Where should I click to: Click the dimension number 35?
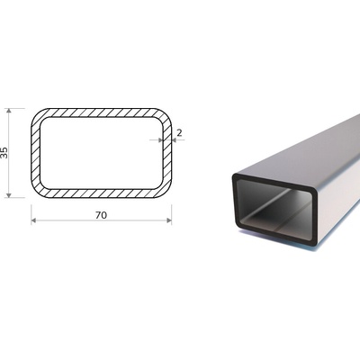4,153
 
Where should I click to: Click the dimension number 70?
101,215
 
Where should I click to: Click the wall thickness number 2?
179,132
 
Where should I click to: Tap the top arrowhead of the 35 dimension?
9,111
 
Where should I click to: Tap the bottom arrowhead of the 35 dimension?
9,195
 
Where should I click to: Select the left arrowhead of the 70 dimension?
33,220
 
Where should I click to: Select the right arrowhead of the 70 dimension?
169,220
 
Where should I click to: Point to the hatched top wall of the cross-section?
102,112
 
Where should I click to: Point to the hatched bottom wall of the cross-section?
102,193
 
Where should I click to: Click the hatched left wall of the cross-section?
35,153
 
